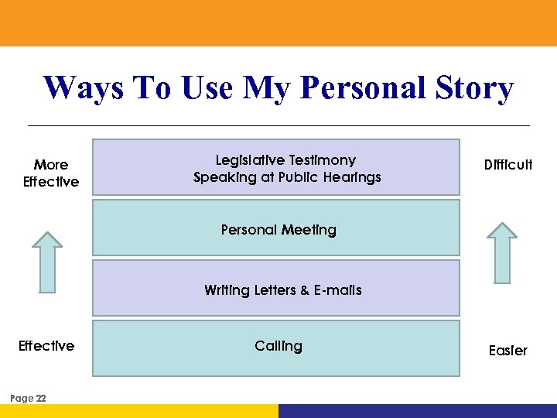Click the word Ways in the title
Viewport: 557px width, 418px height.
click(x=81, y=88)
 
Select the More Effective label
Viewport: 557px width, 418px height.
click(x=51, y=173)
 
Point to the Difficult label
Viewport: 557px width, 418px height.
click(x=508, y=165)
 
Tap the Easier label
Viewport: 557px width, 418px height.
click(x=507, y=351)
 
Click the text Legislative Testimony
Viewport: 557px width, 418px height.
click(x=285, y=160)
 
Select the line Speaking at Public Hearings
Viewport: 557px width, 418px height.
click(x=287, y=177)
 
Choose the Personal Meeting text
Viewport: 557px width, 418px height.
click(x=278, y=230)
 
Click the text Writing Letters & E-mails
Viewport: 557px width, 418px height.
click(x=282, y=290)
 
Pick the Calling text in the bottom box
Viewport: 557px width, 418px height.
click(x=278, y=346)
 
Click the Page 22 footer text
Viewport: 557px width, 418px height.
click(x=28, y=398)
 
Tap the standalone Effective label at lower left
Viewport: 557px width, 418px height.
click(x=46, y=346)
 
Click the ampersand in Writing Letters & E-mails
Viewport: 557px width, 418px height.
click(x=305, y=290)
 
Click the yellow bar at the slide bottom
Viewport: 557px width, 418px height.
click(x=139, y=411)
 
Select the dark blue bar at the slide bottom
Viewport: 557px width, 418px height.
click(x=418, y=411)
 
